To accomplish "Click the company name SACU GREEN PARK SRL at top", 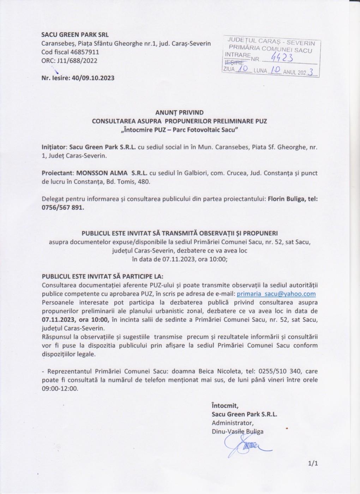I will tap(75, 35).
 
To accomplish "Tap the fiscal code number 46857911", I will tap(85, 52).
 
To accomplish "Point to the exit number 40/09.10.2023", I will tap(93, 78).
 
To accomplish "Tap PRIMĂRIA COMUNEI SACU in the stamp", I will tap(270, 49).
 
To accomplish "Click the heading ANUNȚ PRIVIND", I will tap(179, 113).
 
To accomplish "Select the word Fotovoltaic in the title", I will tap(203, 129).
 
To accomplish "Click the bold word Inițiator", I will tap(54, 147).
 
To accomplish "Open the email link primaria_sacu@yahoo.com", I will tap(276, 294).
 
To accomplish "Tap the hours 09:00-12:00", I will tap(60, 388).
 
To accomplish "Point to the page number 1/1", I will tap(313, 463).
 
